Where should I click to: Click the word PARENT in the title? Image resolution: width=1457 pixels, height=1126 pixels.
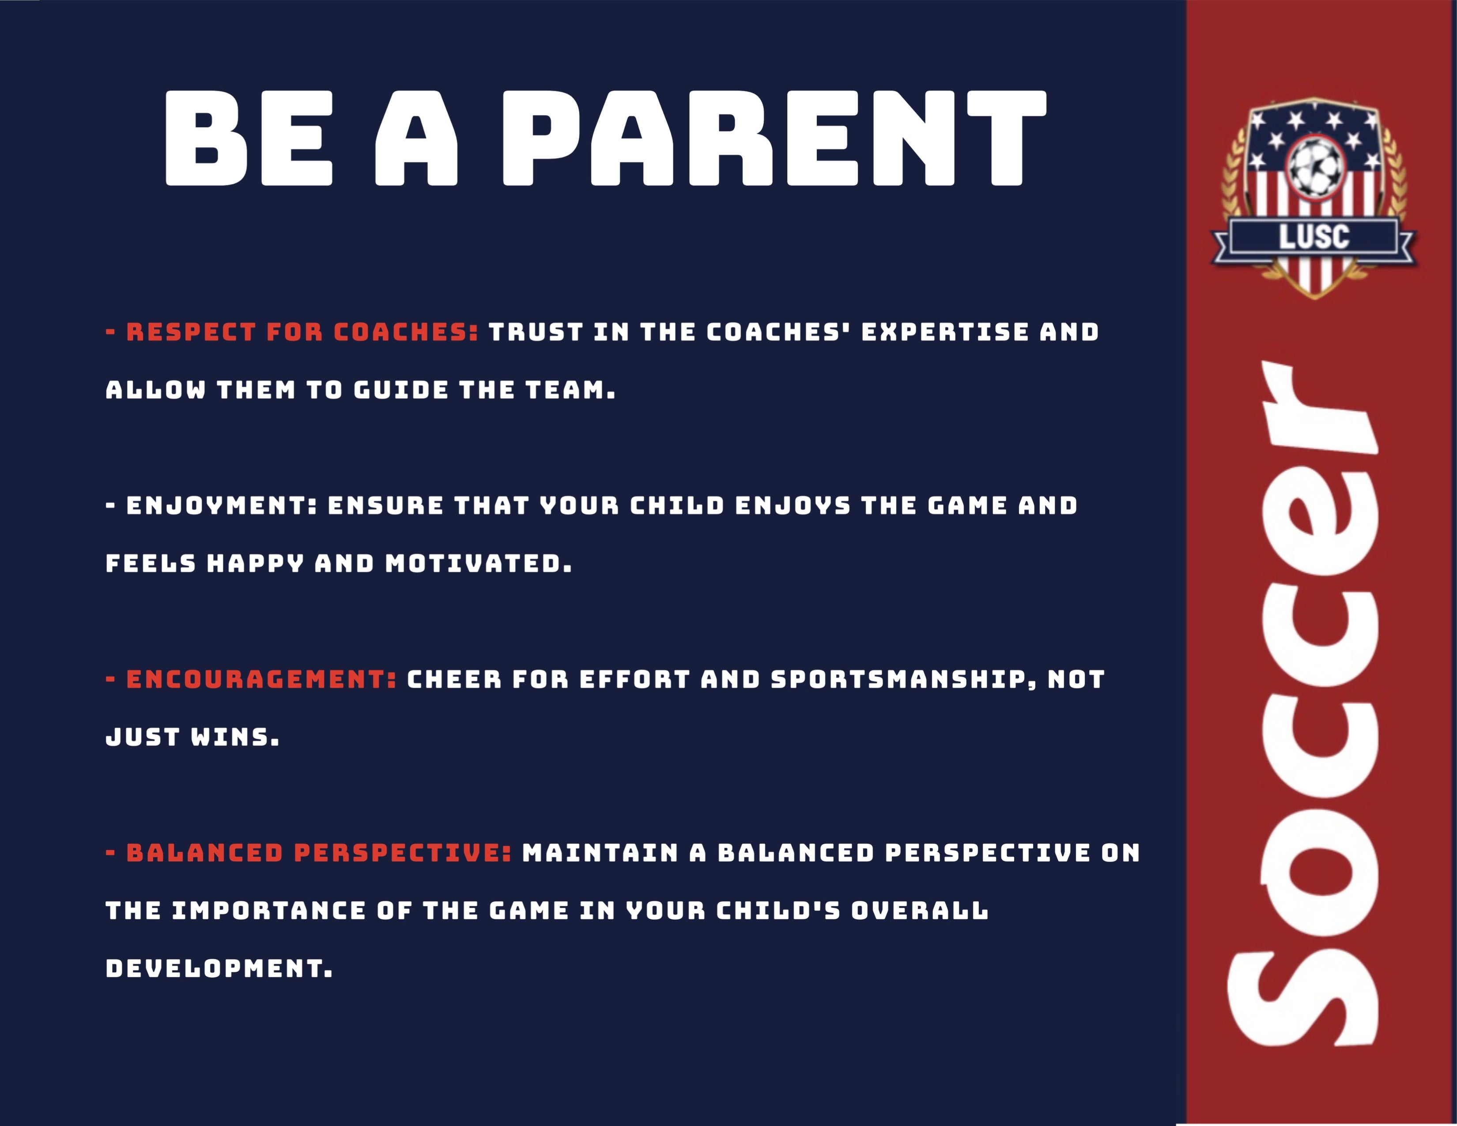pos(774,138)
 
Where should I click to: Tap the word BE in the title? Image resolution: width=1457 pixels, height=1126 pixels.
pos(248,138)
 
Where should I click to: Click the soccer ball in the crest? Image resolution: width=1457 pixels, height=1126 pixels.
pos(1315,167)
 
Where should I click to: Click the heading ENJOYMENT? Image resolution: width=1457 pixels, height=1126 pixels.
pos(222,506)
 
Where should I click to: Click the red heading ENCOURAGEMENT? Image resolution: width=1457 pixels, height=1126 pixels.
pos(261,679)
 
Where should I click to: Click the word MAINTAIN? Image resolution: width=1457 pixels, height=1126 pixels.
pos(600,853)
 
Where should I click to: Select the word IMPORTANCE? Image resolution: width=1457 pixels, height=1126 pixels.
pos(269,911)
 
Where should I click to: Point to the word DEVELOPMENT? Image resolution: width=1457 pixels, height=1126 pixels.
pos(219,968)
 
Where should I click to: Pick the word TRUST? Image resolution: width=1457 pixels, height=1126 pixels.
pos(536,332)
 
